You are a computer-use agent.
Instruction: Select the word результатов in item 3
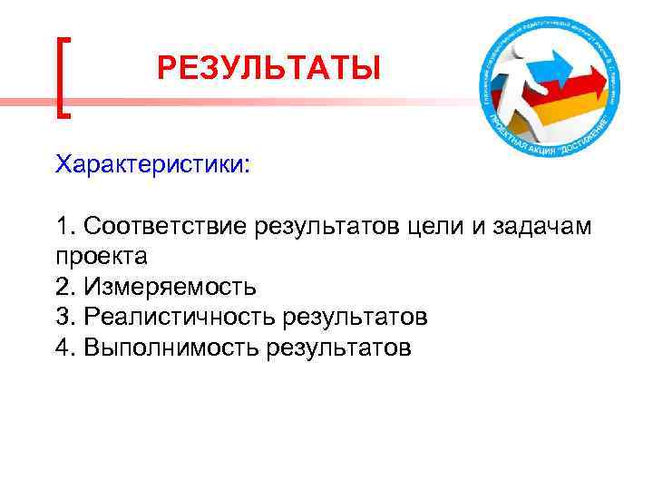355,317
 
